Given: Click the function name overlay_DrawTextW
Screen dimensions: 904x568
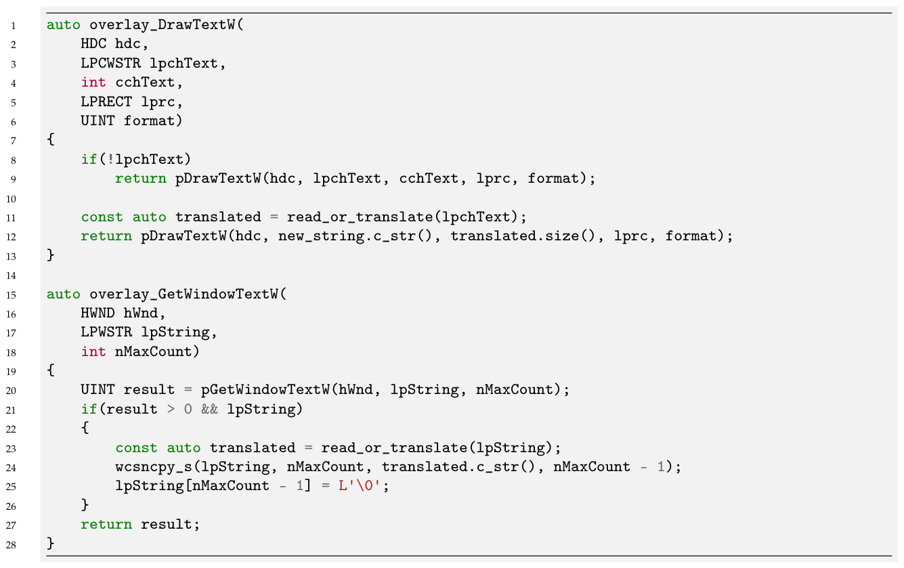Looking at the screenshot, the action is click(x=163, y=25).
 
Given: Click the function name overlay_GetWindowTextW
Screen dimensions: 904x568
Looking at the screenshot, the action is click(x=184, y=294).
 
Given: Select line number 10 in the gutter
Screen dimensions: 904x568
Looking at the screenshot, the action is click(x=11, y=199).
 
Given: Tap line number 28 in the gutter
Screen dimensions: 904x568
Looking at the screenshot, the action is click(x=11, y=545).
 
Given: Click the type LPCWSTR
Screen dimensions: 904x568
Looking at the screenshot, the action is click(x=110, y=64).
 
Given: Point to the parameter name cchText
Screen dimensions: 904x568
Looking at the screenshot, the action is click(x=146, y=83).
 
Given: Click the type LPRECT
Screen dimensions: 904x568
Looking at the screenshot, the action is click(x=106, y=102).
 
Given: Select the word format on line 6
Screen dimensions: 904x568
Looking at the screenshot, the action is click(x=149, y=121).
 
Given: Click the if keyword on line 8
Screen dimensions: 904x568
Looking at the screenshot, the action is click(x=89, y=159).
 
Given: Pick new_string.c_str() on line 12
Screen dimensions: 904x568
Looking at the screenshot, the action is click(x=355, y=236).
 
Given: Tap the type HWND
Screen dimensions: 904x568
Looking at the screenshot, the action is click(x=98, y=313).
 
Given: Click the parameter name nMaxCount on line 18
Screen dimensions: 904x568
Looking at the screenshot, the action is click(x=153, y=351).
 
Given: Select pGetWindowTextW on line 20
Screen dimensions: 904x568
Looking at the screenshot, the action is click(x=265, y=390).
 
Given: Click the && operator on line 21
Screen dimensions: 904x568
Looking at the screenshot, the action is click(x=209, y=409).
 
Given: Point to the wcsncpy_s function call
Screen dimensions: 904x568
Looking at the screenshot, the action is click(x=154, y=466).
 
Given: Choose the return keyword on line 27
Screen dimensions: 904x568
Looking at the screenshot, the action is click(x=106, y=525).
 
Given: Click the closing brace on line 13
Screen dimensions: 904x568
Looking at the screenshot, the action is click(x=50, y=255).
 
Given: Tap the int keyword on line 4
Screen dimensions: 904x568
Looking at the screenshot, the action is click(x=93, y=83).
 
